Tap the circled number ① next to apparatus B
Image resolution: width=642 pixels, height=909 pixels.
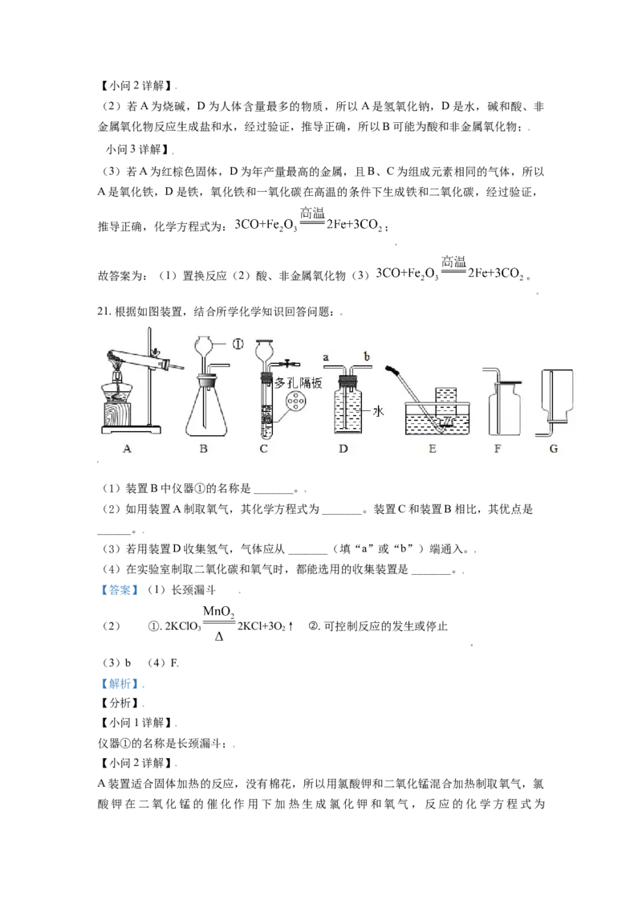tap(238, 344)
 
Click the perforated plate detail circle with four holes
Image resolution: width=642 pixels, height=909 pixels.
tap(296, 401)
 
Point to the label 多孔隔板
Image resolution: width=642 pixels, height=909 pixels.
tap(298, 382)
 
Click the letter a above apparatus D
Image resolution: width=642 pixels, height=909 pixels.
tap(326, 357)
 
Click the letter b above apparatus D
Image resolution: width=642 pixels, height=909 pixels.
tap(366, 356)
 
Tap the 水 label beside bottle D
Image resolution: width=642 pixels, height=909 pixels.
tap(378, 411)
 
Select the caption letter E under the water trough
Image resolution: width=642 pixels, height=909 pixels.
tap(433, 449)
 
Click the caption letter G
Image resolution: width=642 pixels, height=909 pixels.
tap(554, 449)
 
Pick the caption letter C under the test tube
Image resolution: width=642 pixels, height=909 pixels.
tap(264, 449)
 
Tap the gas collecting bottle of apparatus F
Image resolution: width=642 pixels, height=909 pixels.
tap(505, 408)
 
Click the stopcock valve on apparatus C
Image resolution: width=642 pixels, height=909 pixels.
tap(286, 364)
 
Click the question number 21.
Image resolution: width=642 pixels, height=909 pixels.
tap(104, 312)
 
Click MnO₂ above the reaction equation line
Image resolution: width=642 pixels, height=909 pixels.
tap(218, 611)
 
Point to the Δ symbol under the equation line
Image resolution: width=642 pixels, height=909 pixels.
tap(219, 637)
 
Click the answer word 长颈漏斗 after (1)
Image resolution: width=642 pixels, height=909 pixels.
tap(193, 589)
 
